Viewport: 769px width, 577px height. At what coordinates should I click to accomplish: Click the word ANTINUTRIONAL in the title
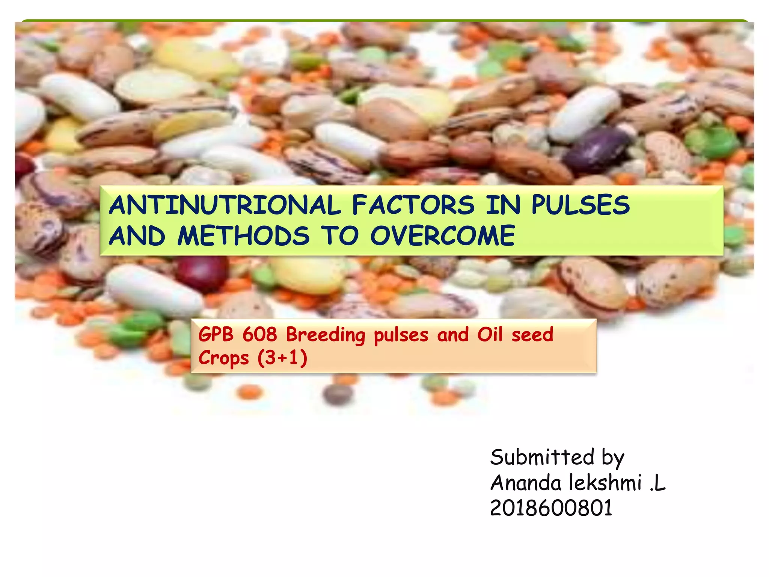[225, 205]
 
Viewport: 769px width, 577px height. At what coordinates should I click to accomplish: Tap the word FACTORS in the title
[413, 205]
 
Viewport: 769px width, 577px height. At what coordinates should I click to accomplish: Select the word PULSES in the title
[581, 205]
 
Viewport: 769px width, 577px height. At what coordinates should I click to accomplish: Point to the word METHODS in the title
[243, 236]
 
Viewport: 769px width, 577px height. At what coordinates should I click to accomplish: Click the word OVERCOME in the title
[443, 236]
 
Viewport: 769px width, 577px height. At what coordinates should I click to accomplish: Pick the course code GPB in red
[216, 334]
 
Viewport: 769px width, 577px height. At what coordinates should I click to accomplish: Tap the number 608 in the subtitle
[259, 334]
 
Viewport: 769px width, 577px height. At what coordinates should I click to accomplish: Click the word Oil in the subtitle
[490, 334]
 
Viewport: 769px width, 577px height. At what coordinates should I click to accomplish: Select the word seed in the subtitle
[532, 334]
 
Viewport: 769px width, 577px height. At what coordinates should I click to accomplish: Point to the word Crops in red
[223, 358]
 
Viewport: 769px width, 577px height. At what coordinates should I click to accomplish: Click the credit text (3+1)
[282, 358]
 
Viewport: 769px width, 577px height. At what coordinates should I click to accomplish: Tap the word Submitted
[542, 457]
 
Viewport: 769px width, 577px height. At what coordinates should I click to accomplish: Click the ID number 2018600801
[551, 508]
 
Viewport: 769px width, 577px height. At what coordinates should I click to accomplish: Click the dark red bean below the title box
[202, 272]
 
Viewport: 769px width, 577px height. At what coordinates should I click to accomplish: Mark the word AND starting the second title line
[137, 236]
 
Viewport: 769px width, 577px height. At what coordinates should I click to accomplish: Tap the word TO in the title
[339, 236]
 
